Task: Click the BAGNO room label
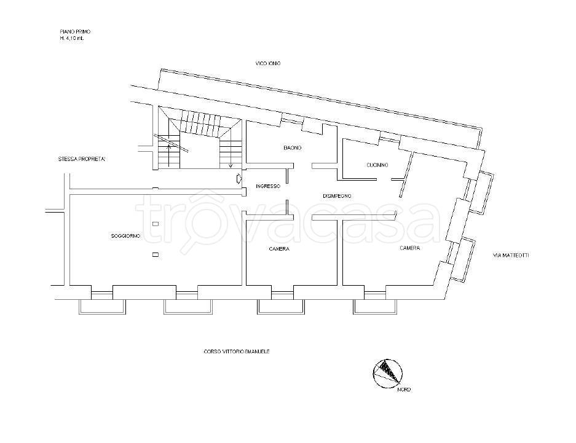click(x=293, y=148)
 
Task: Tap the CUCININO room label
click(x=377, y=165)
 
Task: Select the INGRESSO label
click(x=268, y=186)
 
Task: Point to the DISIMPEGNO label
click(x=337, y=196)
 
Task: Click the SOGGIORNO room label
click(x=125, y=236)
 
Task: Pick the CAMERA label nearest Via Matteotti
click(x=409, y=248)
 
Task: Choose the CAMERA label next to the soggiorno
click(x=279, y=249)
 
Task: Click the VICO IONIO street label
click(x=268, y=63)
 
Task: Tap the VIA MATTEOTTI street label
click(x=511, y=255)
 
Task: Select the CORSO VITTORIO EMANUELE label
click(x=237, y=351)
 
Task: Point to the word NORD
click(x=404, y=390)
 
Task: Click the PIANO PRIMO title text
click(x=75, y=32)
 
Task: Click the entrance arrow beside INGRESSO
click(x=239, y=179)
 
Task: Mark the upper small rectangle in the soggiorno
click(x=156, y=224)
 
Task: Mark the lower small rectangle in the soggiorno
click(x=156, y=254)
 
